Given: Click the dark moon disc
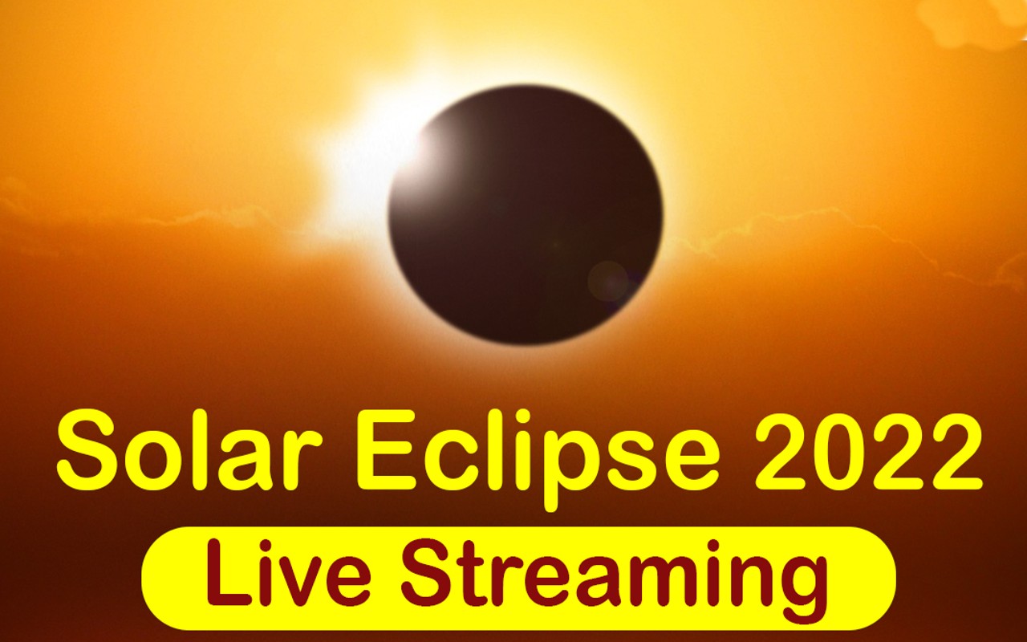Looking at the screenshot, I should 526,215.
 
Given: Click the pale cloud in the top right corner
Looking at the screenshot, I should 975,20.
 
